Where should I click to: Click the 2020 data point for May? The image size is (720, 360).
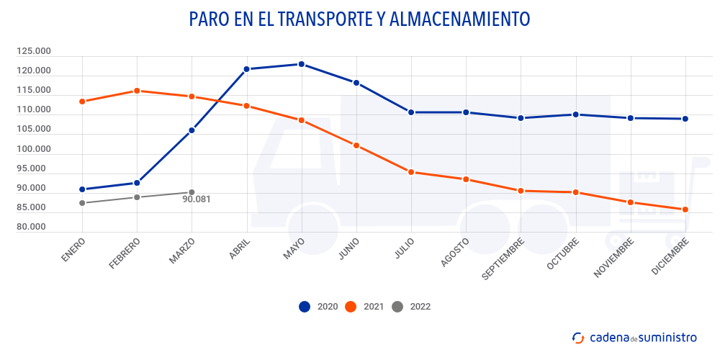[x=302, y=64]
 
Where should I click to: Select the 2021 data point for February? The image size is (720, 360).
[x=137, y=91]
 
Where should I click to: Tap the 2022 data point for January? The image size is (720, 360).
[x=82, y=203]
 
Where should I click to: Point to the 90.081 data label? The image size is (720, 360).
[x=197, y=199]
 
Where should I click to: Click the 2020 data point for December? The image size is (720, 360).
[x=685, y=119]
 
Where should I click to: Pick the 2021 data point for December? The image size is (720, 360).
[x=685, y=210]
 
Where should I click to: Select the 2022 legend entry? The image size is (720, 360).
[x=410, y=307]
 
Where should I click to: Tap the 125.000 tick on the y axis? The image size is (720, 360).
[x=34, y=51]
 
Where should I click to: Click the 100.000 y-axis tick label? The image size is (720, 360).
[x=34, y=149]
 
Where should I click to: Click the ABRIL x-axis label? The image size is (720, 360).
[x=240, y=250]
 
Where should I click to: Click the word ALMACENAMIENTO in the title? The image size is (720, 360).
[x=459, y=19]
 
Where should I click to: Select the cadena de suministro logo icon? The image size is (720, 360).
[x=578, y=337]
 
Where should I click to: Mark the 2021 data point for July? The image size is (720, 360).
[x=411, y=172]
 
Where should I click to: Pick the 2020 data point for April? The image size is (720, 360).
[x=246, y=69]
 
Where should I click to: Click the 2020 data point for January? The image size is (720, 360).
[x=82, y=189]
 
